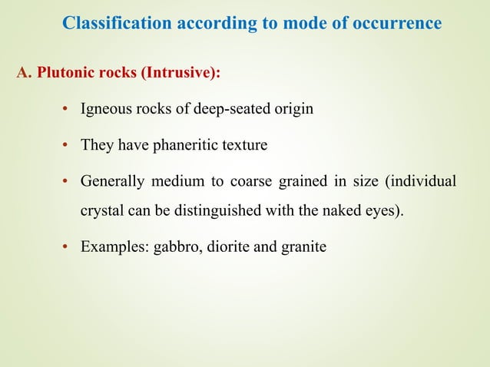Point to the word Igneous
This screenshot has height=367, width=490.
point(104,109)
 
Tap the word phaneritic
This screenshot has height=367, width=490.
point(181,145)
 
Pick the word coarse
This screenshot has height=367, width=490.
point(252,181)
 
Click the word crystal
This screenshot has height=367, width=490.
point(101,211)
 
